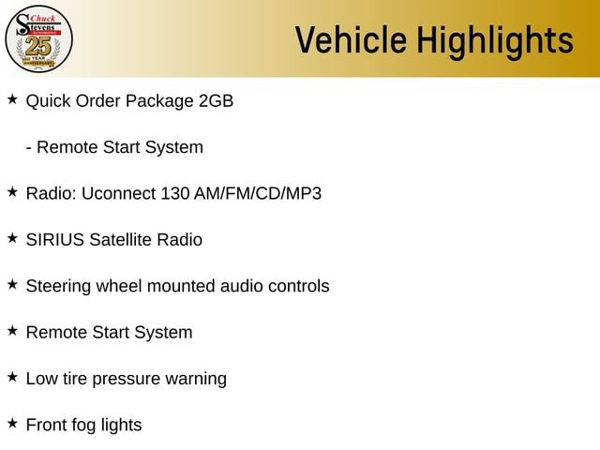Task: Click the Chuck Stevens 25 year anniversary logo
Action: (x=38, y=39)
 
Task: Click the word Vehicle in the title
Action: (x=351, y=39)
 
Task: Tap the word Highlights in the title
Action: (x=495, y=42)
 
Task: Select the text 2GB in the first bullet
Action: (x=216, y=101)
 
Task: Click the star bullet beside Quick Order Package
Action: (x=12, y=99)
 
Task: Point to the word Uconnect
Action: (x=119, y=193)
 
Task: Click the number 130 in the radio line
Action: (x=175, y=193)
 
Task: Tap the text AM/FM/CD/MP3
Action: (x=258, y=193)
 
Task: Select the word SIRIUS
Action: (x=55, y=240)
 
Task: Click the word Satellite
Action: (x=121, y=240)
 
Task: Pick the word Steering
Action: (x=58, y=287)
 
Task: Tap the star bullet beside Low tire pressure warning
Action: (x=12, y=377)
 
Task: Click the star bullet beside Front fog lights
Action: (x=12, y=423)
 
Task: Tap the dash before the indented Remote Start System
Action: (x=29, y=148)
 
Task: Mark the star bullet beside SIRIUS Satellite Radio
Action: (x=12, y=238)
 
